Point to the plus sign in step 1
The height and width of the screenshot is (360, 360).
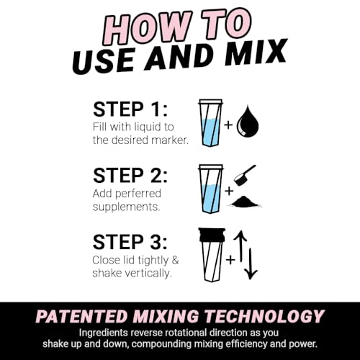click(x=228, y=125)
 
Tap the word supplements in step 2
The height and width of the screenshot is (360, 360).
click(x=123, y=207)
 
